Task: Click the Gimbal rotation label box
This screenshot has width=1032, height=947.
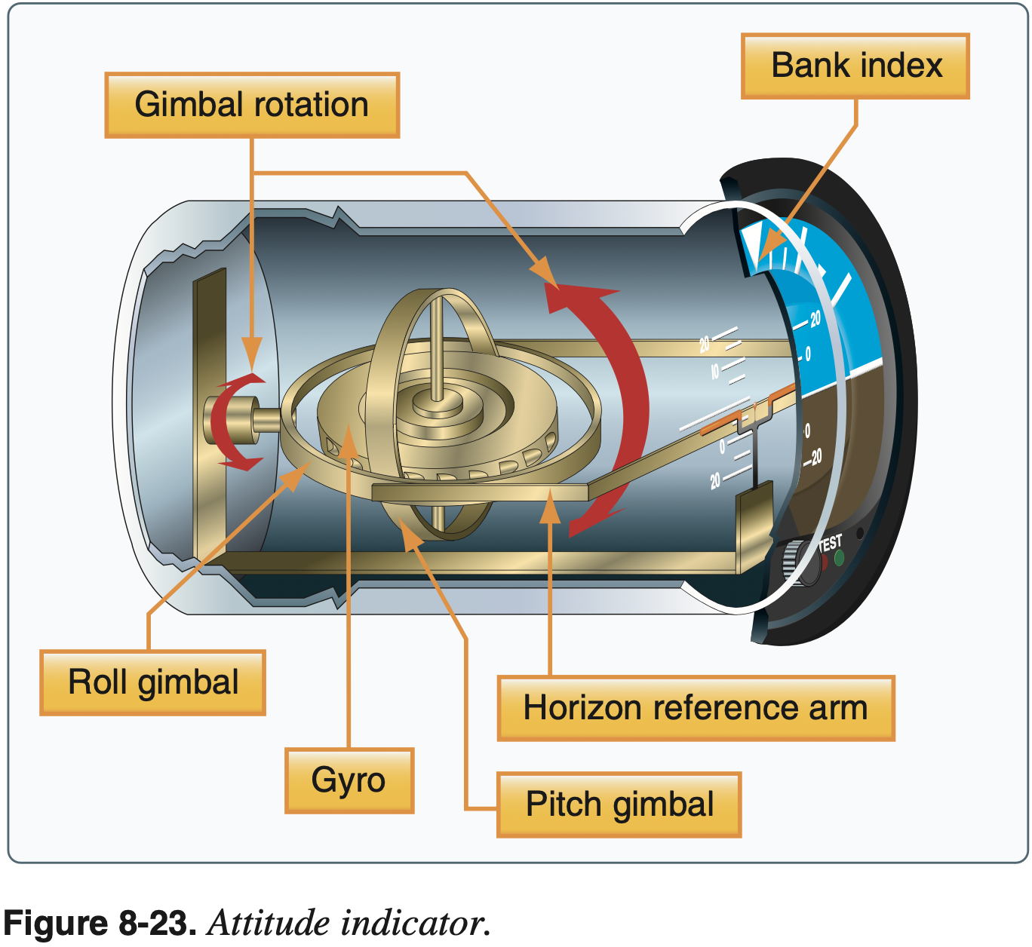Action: point(252,105)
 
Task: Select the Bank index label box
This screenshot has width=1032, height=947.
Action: point(855,66)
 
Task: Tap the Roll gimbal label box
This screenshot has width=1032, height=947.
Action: point(153,682)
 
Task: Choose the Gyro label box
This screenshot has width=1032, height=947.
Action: point(349,780)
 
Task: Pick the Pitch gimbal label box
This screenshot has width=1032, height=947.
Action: point(619,804)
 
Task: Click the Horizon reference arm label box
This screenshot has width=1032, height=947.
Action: point(696,708)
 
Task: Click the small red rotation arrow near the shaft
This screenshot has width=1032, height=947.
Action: point(226,422)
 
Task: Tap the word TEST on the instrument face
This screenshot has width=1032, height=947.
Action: point(830,543)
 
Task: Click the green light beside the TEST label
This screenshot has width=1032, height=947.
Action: point(839,559)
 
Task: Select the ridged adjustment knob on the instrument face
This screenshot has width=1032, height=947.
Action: point(792,562)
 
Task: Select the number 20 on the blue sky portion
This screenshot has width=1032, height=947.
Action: point(815,320)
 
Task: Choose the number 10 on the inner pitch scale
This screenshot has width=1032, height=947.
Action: point(715,371)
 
